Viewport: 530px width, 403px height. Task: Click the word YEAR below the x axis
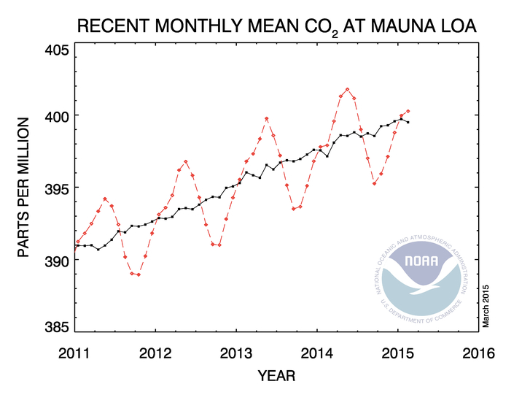(276, 377)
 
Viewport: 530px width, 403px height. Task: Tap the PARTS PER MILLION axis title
(24, 188)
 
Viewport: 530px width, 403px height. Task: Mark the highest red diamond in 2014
(347, 90)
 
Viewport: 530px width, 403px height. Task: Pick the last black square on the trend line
(408, 123)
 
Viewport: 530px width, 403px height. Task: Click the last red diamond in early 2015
(408, 111)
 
